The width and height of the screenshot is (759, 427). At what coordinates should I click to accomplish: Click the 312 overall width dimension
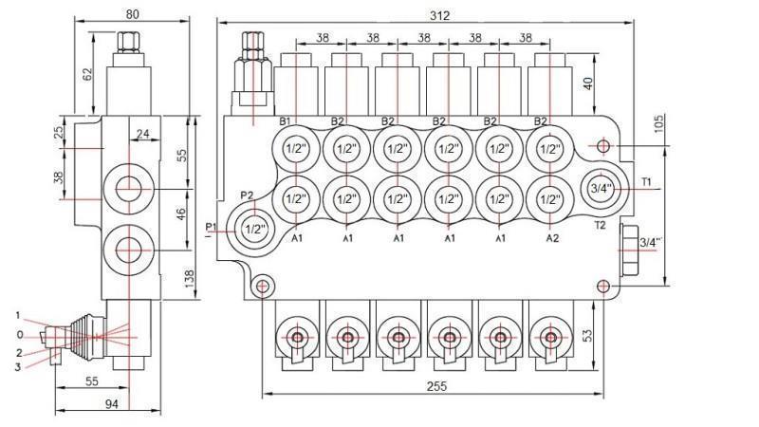pos(439,14)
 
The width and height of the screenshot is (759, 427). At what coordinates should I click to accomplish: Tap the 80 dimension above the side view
pos(132,14)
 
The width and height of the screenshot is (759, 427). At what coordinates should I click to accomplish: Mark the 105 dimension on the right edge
pos(657,124)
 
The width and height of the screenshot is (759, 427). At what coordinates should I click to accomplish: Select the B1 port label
pos(285,121)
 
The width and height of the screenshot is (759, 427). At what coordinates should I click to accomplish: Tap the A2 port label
pos(552,238)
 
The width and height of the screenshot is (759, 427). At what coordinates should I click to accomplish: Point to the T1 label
pos(646,180)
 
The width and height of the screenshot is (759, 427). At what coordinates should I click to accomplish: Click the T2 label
pos(600,226)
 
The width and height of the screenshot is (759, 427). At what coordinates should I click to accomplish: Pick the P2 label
pos(247,195)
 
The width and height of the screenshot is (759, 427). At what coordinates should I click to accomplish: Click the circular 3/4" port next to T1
pos(600,188)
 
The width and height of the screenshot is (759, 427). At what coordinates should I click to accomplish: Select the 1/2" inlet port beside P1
pos(254,229)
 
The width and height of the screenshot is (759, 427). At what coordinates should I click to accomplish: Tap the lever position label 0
pos(19,334)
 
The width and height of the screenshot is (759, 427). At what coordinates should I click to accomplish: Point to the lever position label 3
pos(19,367)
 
